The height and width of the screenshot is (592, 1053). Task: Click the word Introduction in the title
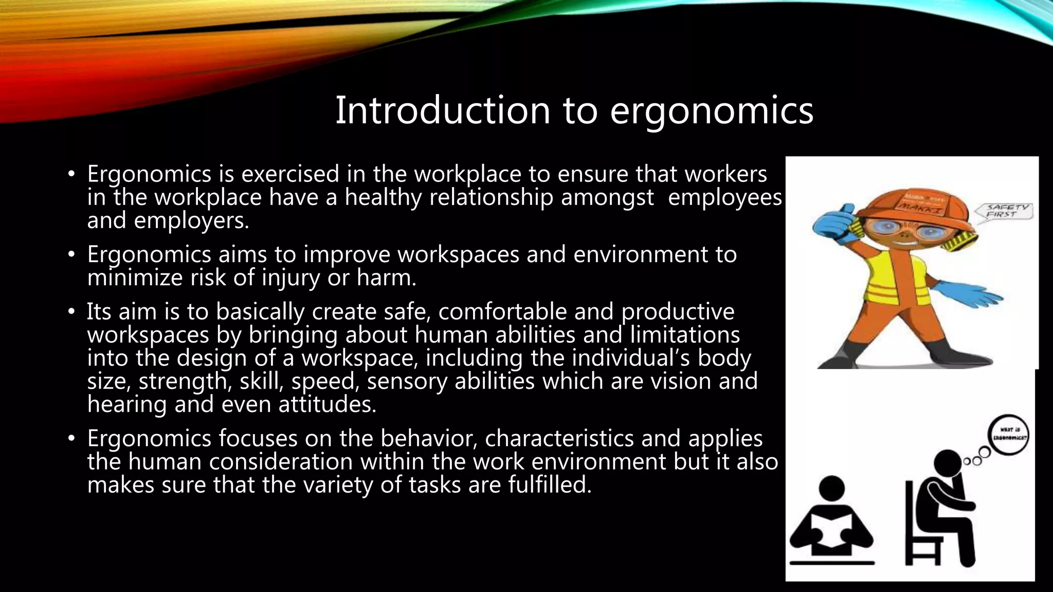tap(443, 110)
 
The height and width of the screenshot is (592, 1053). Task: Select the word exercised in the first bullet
tap(291, 174)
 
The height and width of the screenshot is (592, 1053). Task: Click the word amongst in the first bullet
tap(607, 197)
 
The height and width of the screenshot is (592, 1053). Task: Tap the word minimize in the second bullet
tap(135, 278)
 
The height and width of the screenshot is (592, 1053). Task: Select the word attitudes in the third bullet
tap(327, 404)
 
